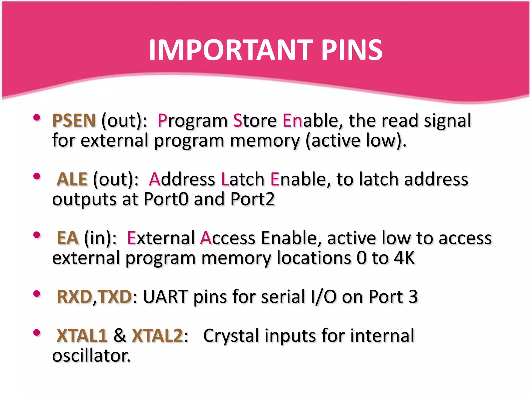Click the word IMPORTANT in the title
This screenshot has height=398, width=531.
click(x=231, y=50)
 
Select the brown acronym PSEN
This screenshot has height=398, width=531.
click(x=74, y=121)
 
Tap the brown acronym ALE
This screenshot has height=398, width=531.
click(x=72, y=179)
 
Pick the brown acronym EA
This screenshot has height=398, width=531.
click(x=67, y=238)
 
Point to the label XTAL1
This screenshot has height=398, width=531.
click(x=82, y=336)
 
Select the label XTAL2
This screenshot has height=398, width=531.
click(x=157, y=336)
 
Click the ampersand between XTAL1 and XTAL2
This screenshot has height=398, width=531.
click(x=120, y=336)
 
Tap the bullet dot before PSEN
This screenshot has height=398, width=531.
click(x=37, y=118)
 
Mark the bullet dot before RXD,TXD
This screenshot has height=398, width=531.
click(x=37, y=294)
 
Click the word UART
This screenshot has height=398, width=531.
click(x=165, y=297)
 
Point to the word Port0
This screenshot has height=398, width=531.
click(x=166, y=199)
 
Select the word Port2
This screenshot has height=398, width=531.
click(x=253, y=199)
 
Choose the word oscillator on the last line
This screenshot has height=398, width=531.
click(x=91, y=356)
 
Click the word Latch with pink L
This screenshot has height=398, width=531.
click(x=242, y=179)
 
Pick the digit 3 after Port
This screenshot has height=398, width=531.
click(x=413, y=297)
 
